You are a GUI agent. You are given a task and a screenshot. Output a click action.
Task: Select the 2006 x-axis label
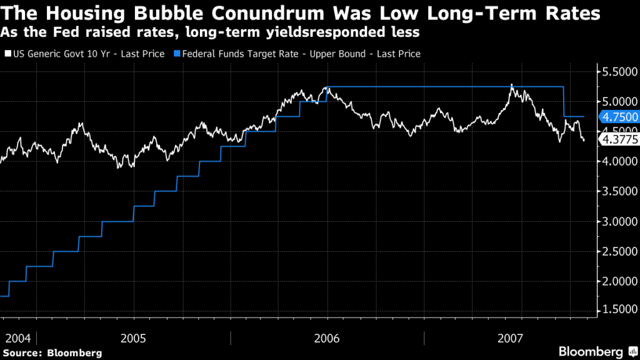[x=327, y=338]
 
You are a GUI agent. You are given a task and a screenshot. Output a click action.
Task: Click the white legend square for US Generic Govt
[x=7, y=54]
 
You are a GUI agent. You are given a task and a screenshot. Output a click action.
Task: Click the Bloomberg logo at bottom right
[x=596, y=351]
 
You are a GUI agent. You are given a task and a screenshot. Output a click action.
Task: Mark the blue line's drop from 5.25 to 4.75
[x=564, y=101]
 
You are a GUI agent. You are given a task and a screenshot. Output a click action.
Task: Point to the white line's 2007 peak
[x=511, y=84]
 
